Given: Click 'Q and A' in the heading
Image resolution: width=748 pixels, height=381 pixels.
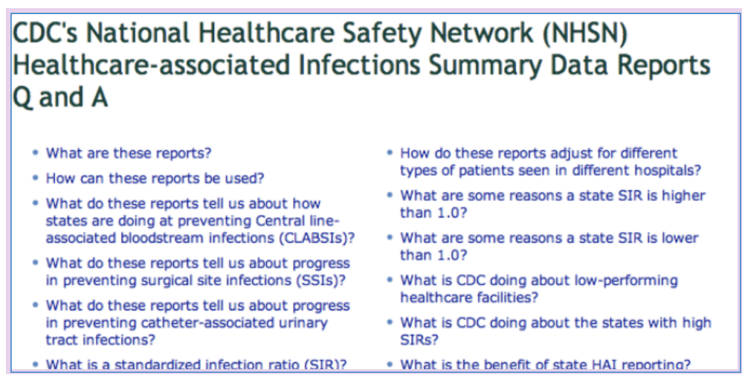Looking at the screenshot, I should click(61, 97).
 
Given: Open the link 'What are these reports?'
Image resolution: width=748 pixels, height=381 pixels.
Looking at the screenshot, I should click(129, 154).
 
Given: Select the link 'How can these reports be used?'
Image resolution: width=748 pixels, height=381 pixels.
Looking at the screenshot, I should click(155, 178).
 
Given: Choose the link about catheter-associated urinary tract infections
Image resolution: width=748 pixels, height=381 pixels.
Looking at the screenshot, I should click(197, 322).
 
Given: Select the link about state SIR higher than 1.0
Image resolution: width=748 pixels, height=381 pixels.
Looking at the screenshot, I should click(552, 204).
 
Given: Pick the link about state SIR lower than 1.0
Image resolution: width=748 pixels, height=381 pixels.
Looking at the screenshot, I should click(549, 246).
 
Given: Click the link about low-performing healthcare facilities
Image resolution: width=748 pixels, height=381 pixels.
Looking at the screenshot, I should click(539, 289).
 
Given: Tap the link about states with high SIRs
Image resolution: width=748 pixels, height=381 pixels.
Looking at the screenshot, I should click(555, 331).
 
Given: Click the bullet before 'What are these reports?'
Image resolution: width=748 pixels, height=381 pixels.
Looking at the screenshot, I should click(35, 154).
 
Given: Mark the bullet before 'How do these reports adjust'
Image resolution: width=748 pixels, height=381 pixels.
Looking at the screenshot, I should click(389, 154).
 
